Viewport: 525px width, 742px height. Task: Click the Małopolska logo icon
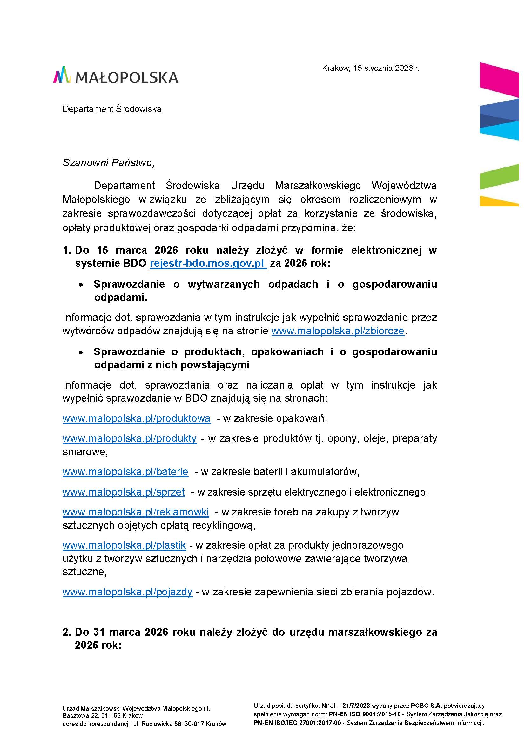coord(62,75)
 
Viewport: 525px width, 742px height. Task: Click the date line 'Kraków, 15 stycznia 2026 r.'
coord(370,68)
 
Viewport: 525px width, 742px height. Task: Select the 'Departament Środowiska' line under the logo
coord(112,109)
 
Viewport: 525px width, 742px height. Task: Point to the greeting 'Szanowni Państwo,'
coord(108,162)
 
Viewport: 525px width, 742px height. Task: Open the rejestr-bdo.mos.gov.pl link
coord(208,264)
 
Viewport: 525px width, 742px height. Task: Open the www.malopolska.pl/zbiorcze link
coord(338,331)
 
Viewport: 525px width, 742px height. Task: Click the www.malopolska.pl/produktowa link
coord(136,418)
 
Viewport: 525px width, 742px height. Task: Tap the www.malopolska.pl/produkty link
coord(129,438)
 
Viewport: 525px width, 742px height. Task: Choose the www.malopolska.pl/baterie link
coord(125,472)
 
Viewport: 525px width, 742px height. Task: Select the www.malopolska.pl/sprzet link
coord(124,492)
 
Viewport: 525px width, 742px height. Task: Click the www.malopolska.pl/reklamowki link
coord(136,512)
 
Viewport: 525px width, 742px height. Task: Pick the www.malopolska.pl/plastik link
coord(124,546)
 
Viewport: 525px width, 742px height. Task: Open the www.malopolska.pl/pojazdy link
coord(127,592)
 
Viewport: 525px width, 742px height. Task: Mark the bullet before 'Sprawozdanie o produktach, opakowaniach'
coord(81,352)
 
